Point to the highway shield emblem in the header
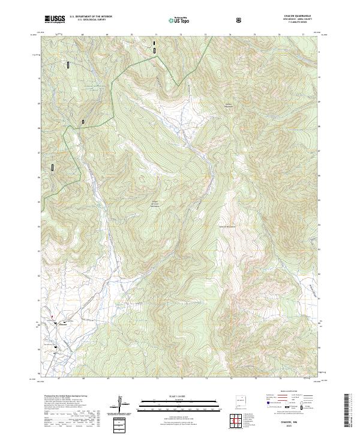[x=240, y=20]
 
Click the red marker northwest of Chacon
[x=52, y=316]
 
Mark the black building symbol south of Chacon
[x=56, y=347]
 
